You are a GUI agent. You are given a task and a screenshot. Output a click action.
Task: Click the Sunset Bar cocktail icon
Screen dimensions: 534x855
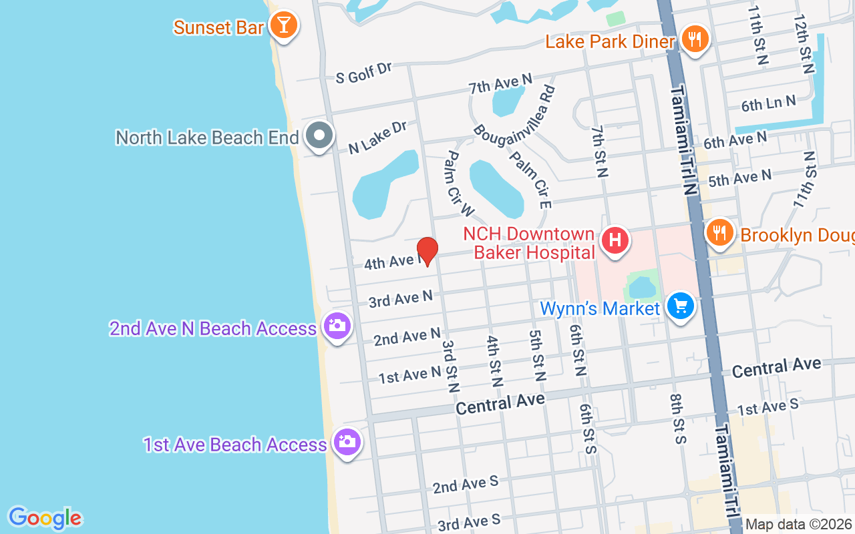pyautogui.click(x=284, y=25)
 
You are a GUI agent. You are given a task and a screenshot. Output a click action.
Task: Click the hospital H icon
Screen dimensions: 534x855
pyautogui.click(x=615, y=240)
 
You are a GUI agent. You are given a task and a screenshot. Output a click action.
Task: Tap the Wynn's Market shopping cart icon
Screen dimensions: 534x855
pyautogui.click(x=680, y=307)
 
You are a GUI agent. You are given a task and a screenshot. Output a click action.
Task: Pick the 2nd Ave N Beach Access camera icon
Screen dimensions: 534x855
pyautogui.click(x=337, y=326)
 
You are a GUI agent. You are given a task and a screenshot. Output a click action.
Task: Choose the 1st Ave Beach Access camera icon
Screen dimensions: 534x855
pyautogui.click(x=347, y=441)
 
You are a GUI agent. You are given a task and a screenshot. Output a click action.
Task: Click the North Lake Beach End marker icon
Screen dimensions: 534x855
pyautogui.click(x=319, y=136)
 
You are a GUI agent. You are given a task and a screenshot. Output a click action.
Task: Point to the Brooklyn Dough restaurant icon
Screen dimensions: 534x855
pyautogui.click(x=719, y=233)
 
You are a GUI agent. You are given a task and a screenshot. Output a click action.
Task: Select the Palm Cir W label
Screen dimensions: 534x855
pyautogui.click(x=460, y=184)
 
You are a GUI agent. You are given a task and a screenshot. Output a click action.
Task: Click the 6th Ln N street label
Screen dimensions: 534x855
pyautogui.click(x=768, y=104)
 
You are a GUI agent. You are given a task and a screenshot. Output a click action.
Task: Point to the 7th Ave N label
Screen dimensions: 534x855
pyautogui.click(x=500, y=84)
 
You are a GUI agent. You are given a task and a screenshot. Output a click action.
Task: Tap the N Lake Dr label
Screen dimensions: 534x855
pyautogui.click(x=378, y=137)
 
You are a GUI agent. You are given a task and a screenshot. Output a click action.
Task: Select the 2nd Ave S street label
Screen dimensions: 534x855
pyautogui.click(x=465, y=484)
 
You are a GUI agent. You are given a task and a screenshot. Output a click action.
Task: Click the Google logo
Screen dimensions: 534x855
pyautogui.click(x=45, y=517)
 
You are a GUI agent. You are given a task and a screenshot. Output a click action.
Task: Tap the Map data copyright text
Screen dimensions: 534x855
pyautogui.click(x=798, y=525)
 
